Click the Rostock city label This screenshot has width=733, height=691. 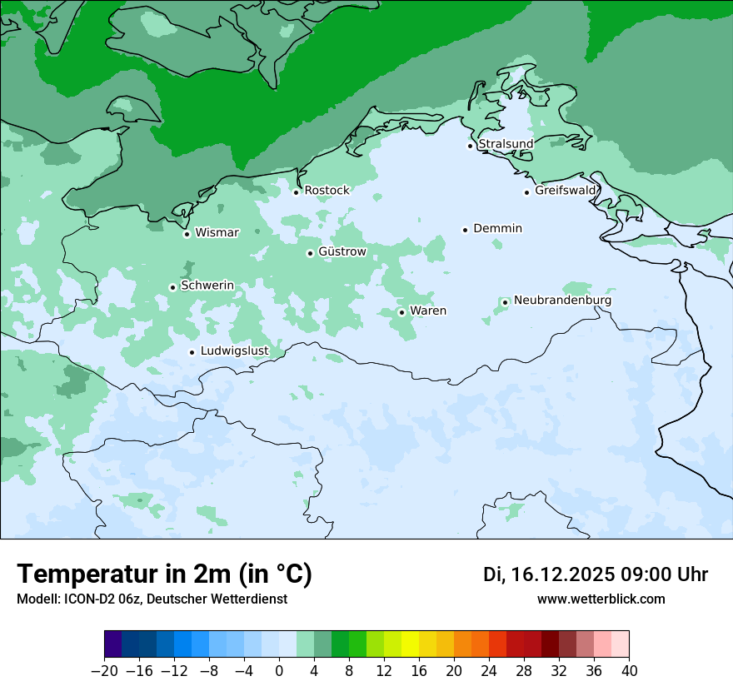point(327,191)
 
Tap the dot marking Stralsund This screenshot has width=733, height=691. point(470,146)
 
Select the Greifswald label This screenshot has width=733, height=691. point(566,191)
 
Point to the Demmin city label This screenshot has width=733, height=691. point(497,228)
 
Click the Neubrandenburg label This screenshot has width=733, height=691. point(562,301)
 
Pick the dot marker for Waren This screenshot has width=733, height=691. point(401,312)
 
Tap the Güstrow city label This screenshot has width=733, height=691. point(342,251)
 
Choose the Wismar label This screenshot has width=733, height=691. point(217,233)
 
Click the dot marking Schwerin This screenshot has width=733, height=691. point(172,287)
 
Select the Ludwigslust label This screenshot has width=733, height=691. point(234,351)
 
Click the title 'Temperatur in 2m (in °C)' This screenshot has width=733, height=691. point(165,574)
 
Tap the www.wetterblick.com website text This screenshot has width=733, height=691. point(601,599)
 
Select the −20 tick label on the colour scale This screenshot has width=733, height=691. point(105,671)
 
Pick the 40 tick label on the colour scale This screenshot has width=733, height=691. point(629,671)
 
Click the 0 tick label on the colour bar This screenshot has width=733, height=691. point(279,671)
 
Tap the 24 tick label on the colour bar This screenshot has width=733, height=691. point(489,671)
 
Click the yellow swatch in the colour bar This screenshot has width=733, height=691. point(410,644)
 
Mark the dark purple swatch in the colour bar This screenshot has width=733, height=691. point(113,644)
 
